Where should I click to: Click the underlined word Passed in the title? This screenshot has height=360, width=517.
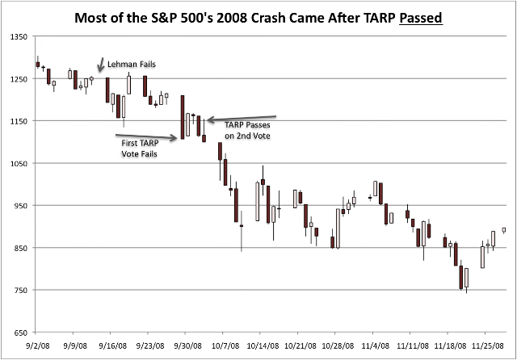[421, 18]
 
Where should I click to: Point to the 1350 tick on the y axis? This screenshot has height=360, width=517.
[19, 36]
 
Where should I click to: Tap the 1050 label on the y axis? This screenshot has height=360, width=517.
[19, 163]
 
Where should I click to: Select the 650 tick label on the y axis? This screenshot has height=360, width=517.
[20, 333]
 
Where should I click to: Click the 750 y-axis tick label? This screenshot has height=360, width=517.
[20, 290]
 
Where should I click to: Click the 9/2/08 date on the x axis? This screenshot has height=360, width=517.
[38, 346]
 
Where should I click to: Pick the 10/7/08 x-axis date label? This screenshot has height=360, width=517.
[225, 346]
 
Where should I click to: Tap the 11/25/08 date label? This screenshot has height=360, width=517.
[488, 346]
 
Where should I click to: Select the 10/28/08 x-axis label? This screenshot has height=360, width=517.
[338, 346]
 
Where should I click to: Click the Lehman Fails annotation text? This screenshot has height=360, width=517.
[132, 65]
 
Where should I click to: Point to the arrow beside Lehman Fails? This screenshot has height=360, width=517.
[100, 65]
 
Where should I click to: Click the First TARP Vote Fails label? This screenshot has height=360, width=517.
[140, 149]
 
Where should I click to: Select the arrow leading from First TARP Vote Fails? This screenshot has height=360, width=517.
[146, 136]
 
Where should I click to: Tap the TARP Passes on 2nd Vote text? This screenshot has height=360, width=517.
[247, 131]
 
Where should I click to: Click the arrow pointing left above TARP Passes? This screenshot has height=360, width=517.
[242, 118]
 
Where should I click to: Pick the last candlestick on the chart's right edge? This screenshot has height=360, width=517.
[504, 230]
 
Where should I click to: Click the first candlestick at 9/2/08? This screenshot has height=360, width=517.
[38, 64]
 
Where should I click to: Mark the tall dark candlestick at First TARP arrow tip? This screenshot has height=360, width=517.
[183, 117]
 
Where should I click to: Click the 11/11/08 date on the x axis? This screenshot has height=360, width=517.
[413, 346]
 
